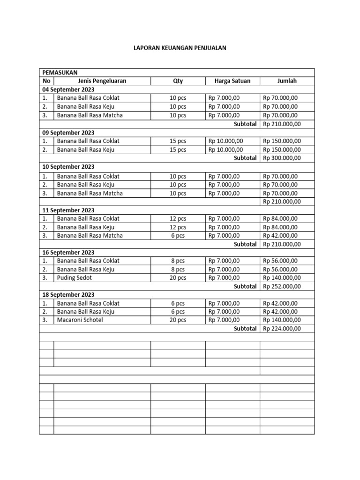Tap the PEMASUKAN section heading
pyautogui.click(x=60, y=72)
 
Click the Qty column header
pyautogui.click(x=178, y=81)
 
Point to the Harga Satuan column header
pyautogui.click(x=232, y=81)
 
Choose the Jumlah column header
pyautogui.click(x=287, y=81)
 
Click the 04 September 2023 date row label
pyautogui.click(x=68, y=89)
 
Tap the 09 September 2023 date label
pyautogui.click(x=68, y=132)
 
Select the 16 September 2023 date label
pyautogui.click(x=68, y=252)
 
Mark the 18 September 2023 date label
pyautogui.click(x=68, y=294)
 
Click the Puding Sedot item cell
pyautogui.click(x=75, y=277)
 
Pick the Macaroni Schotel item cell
pyautogui.click(x=80, y=320)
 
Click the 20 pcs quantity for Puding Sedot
pyautogui.click(x=178, y=277)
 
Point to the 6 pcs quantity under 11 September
pyautogui.click(x=178, y=235)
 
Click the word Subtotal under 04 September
pyautogui.click(x=245, y=124)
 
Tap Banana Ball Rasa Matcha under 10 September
pyautogui.click(x=90, y=193)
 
